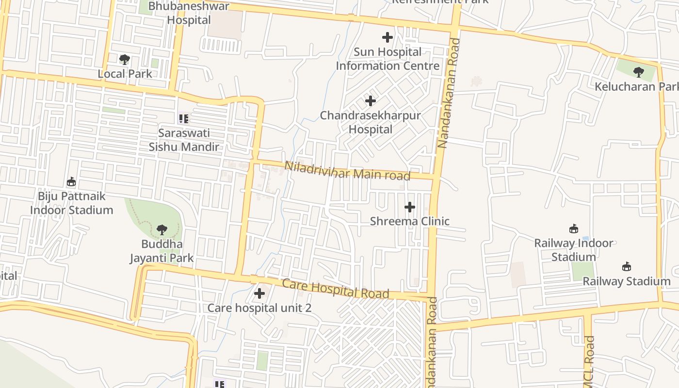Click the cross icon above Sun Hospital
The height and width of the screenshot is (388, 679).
(x=387, y=37)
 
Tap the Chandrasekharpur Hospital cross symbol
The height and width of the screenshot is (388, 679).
(x=371, y=101)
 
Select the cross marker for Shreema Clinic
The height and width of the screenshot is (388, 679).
(x=409, y=207)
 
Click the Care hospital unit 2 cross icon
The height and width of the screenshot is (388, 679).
(x=259, y=293)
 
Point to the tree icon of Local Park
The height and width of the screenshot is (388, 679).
(x=125, y=60)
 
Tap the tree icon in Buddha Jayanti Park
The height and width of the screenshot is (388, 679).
(x=162, y=229)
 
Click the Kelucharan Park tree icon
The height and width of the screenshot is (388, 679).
(x=638, y=72)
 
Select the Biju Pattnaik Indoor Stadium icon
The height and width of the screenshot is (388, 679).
(x=71, y=182)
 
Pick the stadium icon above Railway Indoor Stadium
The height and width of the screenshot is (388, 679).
(x=574, y=228)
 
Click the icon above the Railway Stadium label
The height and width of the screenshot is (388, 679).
(x=627, y=267)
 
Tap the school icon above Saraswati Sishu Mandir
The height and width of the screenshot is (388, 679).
(x=183, y=118)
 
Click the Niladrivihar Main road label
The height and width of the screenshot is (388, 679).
(x=347, y=171)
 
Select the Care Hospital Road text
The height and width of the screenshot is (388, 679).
(x=336, y=289)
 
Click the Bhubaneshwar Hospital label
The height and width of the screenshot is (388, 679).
(x=189, y=13)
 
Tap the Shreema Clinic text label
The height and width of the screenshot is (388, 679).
(x=410, y=221)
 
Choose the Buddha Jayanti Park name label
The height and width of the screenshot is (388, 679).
(x=162, y=251)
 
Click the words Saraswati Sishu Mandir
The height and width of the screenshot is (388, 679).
(x=184, y=140)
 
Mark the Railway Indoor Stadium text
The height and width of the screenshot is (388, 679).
(x=574, y=250)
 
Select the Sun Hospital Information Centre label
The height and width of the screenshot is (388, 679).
(x=388, y=59)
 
